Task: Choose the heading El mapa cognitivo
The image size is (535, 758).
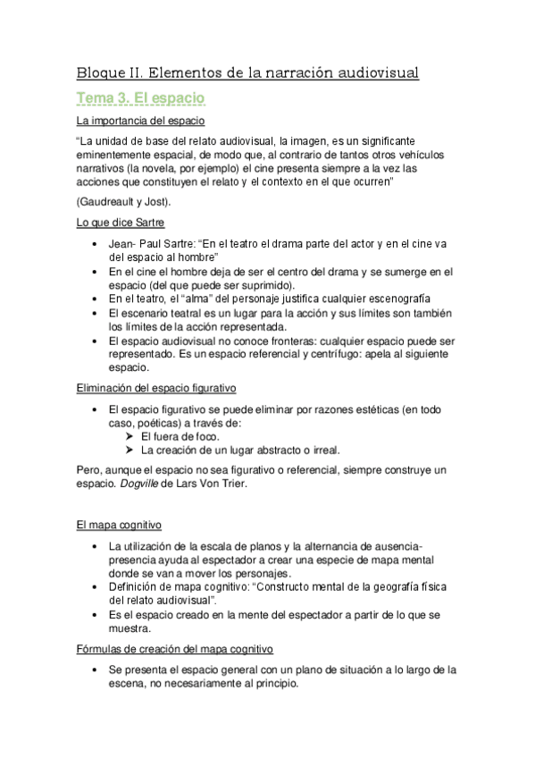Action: click(119, 526)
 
